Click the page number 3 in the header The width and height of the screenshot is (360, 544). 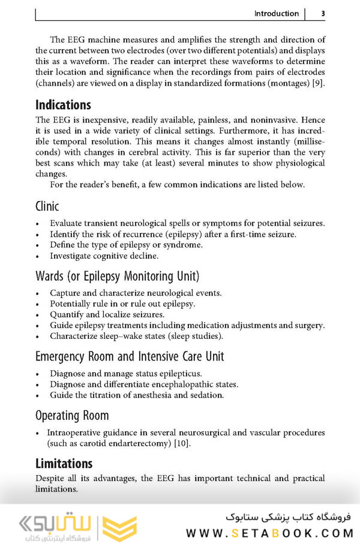click(323, 14)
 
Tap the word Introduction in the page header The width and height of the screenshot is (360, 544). click(276, 14)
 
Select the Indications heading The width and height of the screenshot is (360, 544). click(63, 105)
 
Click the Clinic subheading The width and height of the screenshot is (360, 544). click(47, 207)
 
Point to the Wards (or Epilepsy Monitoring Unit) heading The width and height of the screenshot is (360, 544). click(117, 276)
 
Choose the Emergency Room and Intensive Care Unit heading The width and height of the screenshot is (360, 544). click(130, 356)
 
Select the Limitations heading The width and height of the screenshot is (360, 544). click(64, 463)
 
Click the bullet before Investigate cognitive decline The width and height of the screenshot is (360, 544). click(38, 256)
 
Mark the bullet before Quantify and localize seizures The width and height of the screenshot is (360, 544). click(38, 315)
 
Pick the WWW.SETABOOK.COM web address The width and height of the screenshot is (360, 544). click(269, 533)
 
